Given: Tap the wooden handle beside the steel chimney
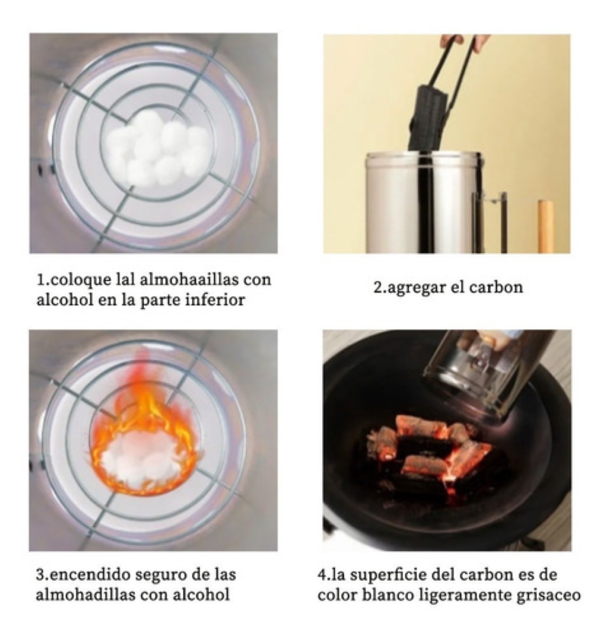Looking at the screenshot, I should click(x=545, y=226).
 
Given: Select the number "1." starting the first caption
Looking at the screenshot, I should click(x=42, y=279).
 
